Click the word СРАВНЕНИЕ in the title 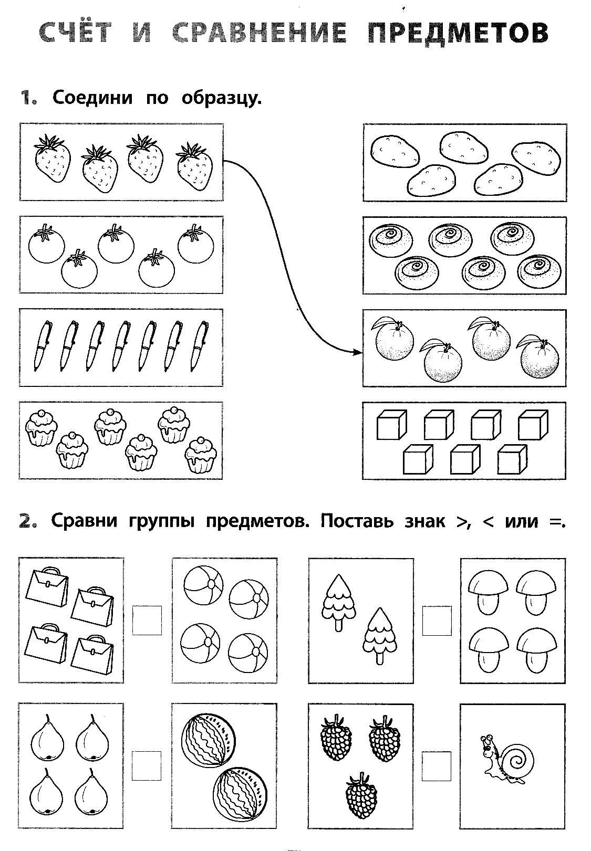pos(259,32)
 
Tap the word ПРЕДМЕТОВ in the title pos(458,32)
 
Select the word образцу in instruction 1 pos(222,98)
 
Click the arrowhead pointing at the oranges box pos(357,352)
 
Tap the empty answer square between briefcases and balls pos(147,620)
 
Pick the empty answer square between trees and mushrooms pos(437,620)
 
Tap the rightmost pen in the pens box pos(199,346)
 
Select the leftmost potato pos(395,152)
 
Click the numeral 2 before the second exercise pos(28,522)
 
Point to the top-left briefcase pos(47,587)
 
